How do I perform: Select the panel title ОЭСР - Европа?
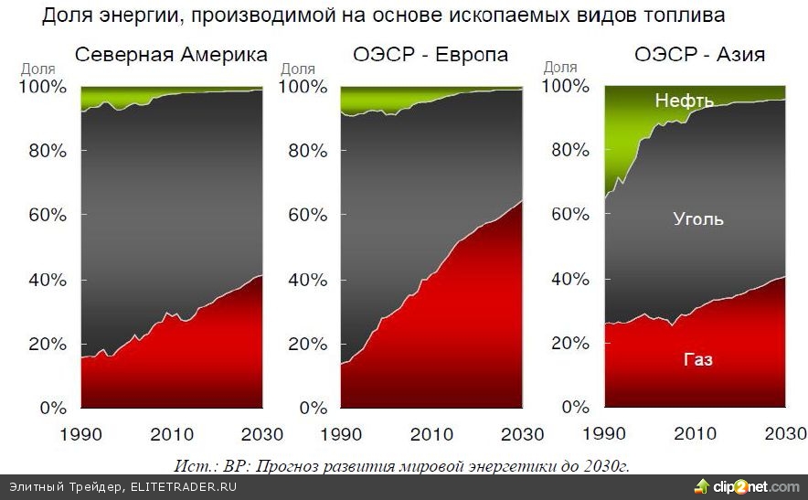pos(430,56)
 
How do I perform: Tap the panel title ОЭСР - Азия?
pos(699,56)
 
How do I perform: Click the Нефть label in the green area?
pos(684,101)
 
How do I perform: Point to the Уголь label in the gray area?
pos(697,219)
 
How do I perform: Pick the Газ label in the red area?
pos(697,360)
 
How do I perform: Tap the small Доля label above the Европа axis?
pos(298,69)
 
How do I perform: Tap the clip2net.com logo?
pos(746,485)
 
